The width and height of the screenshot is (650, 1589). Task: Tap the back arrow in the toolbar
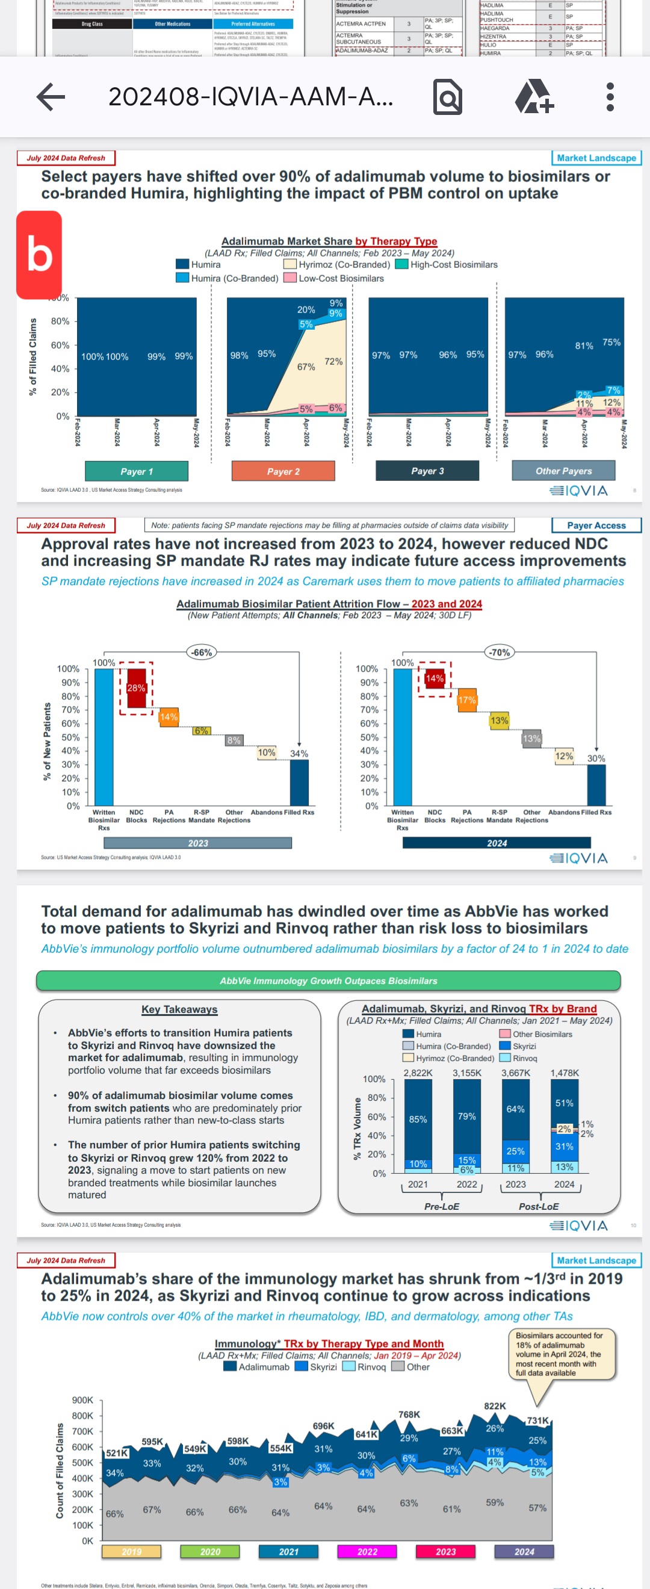(x=51, y=97)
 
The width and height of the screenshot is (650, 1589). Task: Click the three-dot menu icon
(x=610, y=97)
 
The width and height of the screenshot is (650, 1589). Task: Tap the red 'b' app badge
(x=39, y=255)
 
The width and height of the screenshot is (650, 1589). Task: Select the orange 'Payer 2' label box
(x=283, y=471)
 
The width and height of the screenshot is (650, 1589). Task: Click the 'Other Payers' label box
(x=563, y=471)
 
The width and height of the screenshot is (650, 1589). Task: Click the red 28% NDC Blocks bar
(x=136, y=688)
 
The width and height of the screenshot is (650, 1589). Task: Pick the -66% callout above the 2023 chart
(x=202, y=652)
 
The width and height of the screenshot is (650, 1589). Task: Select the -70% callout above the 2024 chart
(x=500, y=652)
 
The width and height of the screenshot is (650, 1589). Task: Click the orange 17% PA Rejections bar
(x=467, y=700)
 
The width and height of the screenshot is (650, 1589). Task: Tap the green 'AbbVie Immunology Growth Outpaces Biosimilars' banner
(x=328, y=981)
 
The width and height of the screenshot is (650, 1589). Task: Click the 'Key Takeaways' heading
(x=179, y=1009)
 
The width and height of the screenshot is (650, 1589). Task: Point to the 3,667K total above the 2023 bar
(x=516, y=1073)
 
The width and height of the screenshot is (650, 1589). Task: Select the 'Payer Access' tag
(x=596, y=525)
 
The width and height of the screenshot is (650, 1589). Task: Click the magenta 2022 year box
(x=367, y=1551)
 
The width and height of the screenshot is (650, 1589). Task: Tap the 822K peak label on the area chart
(x=495, y=1406)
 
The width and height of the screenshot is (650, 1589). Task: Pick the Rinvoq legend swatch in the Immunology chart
(x=348, y=1366)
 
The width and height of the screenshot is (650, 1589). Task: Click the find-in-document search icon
(x=448, y=97)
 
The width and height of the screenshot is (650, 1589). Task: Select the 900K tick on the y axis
(x=82, y=1399)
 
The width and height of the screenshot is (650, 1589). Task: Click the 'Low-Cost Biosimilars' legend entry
(x=333, y=278)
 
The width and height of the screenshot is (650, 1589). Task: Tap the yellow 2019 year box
(x=131, y=1551)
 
